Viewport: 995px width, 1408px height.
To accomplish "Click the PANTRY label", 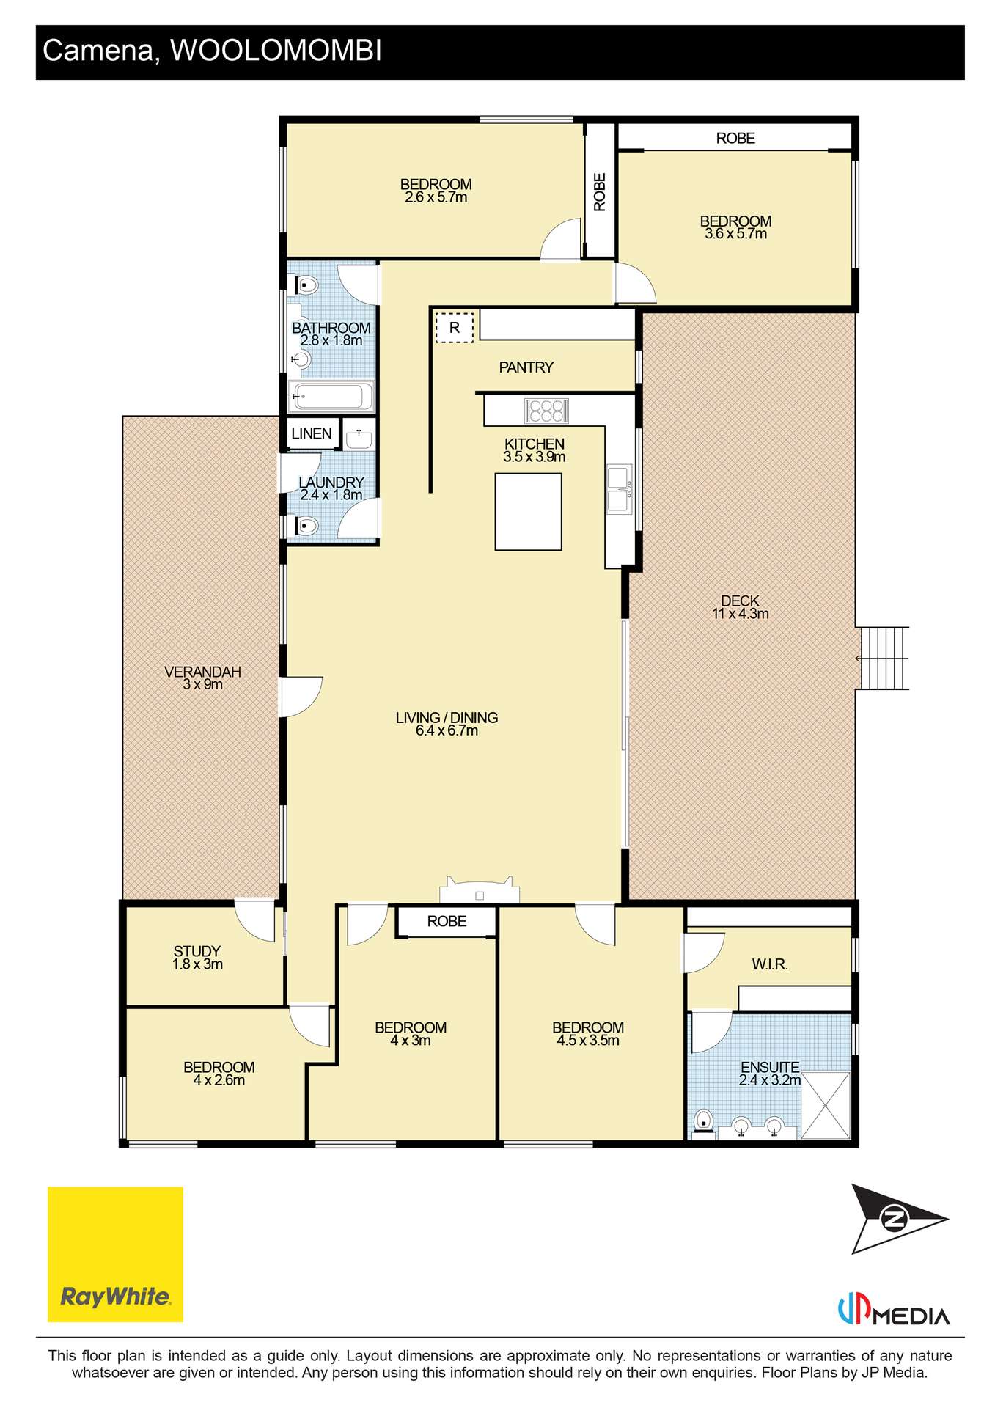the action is (x=526, y=367).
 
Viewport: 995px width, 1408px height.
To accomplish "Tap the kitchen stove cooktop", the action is (x=546, y=411).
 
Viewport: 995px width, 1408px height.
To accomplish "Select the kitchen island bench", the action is (x=528, y=511).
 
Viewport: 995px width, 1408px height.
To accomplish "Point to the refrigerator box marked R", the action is (x=455, y=327).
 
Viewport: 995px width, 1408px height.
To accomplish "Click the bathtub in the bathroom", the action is (x=331, y=397).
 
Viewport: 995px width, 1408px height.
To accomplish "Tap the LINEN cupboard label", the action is (x=312, y=433).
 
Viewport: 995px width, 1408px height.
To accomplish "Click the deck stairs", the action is (x=883, y=658).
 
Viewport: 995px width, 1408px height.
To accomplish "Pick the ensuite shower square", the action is (x=826, y=1105).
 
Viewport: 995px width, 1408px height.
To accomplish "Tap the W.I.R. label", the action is (x=770, y=964).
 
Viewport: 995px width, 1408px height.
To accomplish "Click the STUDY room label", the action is (x=197, y=951).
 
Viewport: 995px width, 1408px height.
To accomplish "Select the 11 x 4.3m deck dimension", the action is (x=741, y=614).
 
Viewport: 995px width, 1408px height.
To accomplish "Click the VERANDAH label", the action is (x=202, y=672).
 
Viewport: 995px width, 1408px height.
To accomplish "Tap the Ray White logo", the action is (x=115, y=1254).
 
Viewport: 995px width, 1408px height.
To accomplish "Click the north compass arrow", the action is (x=899, y=1219).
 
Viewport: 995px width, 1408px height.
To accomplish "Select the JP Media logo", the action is (x=894, y=1310).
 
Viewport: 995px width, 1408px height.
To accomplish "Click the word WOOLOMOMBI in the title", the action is (x=276, y=51).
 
